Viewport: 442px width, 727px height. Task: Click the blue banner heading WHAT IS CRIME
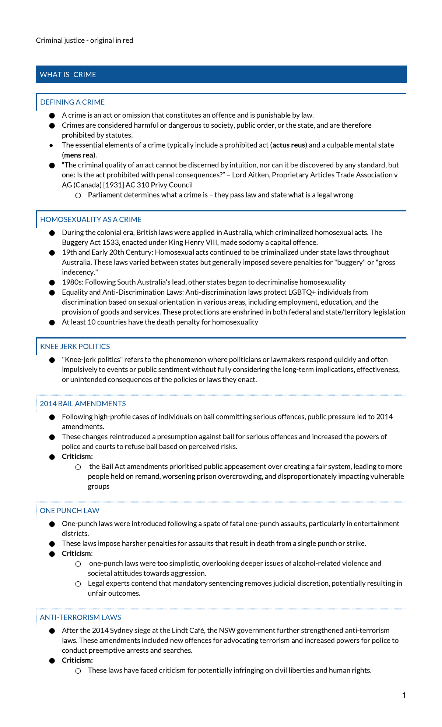click(x=68, y=75)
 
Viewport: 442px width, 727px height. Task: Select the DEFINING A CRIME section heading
click(x=72, y=102)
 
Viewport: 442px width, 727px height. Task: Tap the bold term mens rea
click(x=78, y=155)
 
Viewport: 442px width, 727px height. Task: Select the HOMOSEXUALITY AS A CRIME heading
click(x=91, y=220)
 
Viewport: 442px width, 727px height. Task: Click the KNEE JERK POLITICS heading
click(x=75, y=347)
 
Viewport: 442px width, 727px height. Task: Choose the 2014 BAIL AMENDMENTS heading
click(x=83, y=404)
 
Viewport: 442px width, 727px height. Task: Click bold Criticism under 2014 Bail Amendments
click(x=77, y=457)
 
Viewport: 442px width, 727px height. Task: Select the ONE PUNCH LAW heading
click(x=69, y=511)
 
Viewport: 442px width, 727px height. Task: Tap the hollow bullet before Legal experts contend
click(x=78, y=584)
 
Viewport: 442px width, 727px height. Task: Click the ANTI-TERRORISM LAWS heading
click(x=80, y=617)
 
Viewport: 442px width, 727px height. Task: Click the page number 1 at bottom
click(x=404, y=695)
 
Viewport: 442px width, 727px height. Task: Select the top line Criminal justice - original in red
click(x=84, y=40)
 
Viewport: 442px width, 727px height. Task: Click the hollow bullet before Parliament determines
click(x=78, y=195)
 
